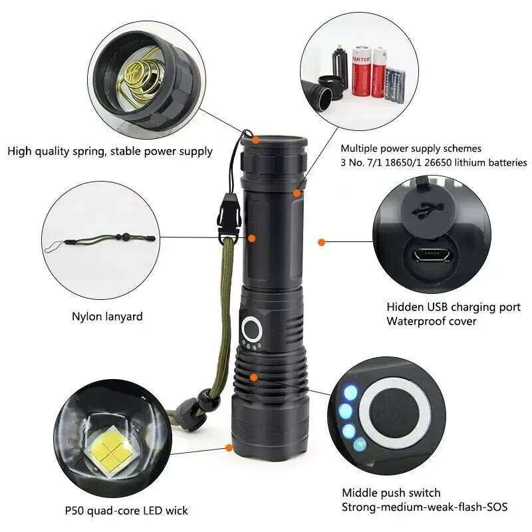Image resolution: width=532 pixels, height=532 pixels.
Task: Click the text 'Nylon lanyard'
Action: coord(107,317)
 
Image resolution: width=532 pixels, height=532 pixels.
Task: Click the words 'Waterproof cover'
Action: coord(431,321)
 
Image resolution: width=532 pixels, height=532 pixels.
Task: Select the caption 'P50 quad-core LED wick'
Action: coord(126,511)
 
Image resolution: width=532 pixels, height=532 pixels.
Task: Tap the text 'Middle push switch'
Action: coord(391,493)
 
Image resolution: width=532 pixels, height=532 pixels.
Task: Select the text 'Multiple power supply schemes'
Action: coord(410,148)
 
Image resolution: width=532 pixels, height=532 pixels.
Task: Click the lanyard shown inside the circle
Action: coord(100,241)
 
